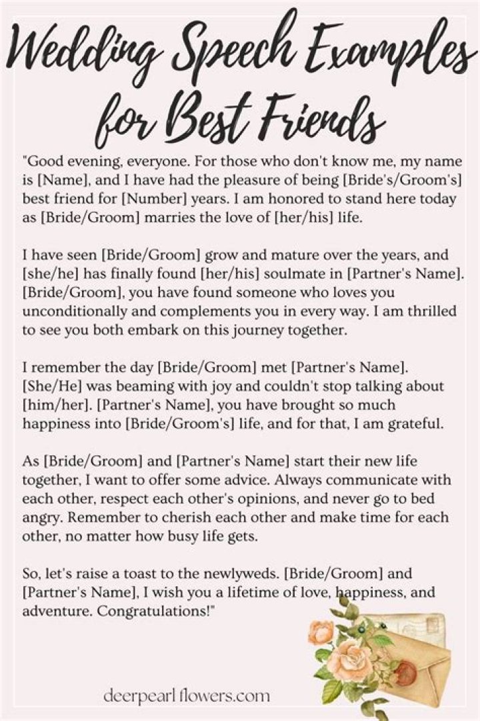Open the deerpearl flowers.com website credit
click(187, 696)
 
